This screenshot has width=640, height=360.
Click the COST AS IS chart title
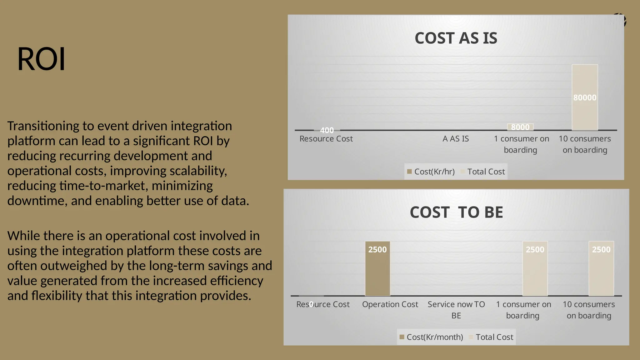[456, 38]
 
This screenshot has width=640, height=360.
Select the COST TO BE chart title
[456, 212]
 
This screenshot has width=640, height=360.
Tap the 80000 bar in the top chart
[585, 97]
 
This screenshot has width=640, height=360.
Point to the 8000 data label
[520, 127]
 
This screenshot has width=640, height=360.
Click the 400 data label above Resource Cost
[327, 130]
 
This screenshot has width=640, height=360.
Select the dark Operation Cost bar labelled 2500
[377, 269]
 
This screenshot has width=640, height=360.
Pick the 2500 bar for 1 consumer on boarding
[535, 269]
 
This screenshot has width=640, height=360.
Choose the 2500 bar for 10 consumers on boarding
[601, 269]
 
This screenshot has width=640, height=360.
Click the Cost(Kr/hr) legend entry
[431, 172]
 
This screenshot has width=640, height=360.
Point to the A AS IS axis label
[456, 139]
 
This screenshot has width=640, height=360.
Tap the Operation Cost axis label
[390, 304]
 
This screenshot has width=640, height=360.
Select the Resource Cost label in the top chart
[326, 139]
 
